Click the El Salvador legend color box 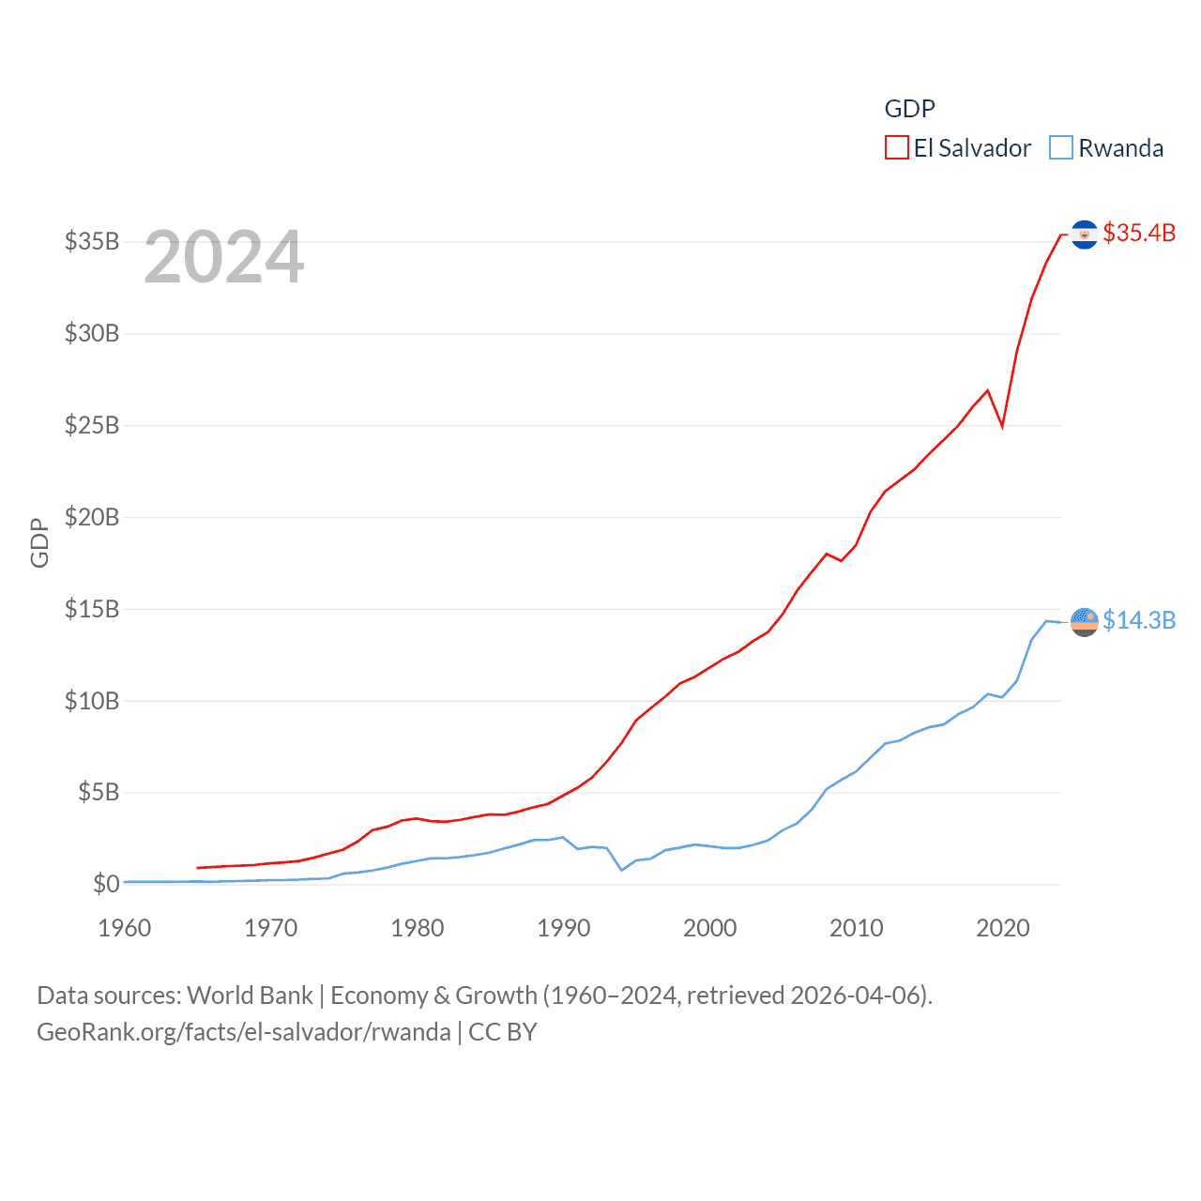pos(897,148)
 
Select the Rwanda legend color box pos(1061,148)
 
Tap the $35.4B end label pos(1139,233)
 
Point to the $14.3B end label pos(1139,620)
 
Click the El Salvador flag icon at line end pos(1084,234)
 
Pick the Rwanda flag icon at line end pos(1084,621)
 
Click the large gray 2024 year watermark pos(224,257)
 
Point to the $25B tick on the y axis pos(92,425)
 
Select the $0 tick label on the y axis pos(106,884)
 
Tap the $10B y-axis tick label pos(92,701)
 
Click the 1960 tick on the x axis pos(125,928)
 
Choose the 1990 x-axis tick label pos(564,928)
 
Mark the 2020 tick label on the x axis pos(1003,928)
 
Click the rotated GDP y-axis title pos(39,542)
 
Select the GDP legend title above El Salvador pos(909,109)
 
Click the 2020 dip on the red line pos(1002,426)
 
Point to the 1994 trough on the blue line pos(621,870)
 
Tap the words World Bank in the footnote pos(250,995)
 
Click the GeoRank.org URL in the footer pos(244,1032)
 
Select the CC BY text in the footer pos(503,1032)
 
